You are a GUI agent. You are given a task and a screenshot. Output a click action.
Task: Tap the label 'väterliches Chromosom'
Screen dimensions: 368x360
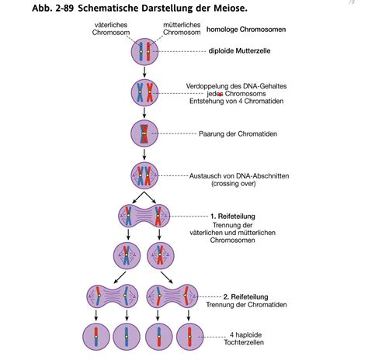[x=111, y=29]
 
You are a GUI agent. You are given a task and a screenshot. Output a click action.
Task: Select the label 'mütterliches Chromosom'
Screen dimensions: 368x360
[x=183, y=29]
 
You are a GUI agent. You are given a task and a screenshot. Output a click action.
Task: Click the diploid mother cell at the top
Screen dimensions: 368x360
[x=145, y=52]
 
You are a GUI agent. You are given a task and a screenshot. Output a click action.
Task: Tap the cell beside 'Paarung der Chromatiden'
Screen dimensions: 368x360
[x=145, y=133]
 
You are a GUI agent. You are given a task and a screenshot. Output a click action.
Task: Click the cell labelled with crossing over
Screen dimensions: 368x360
[x=145, y=176]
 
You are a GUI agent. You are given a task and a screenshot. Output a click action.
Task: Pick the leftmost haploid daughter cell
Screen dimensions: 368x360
[x=97, y=337]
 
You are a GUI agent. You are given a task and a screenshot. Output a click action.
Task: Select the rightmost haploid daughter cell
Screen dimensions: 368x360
[x=189, y=337]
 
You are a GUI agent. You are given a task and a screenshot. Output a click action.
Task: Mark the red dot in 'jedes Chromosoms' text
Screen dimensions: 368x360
[x=220, y=94]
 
